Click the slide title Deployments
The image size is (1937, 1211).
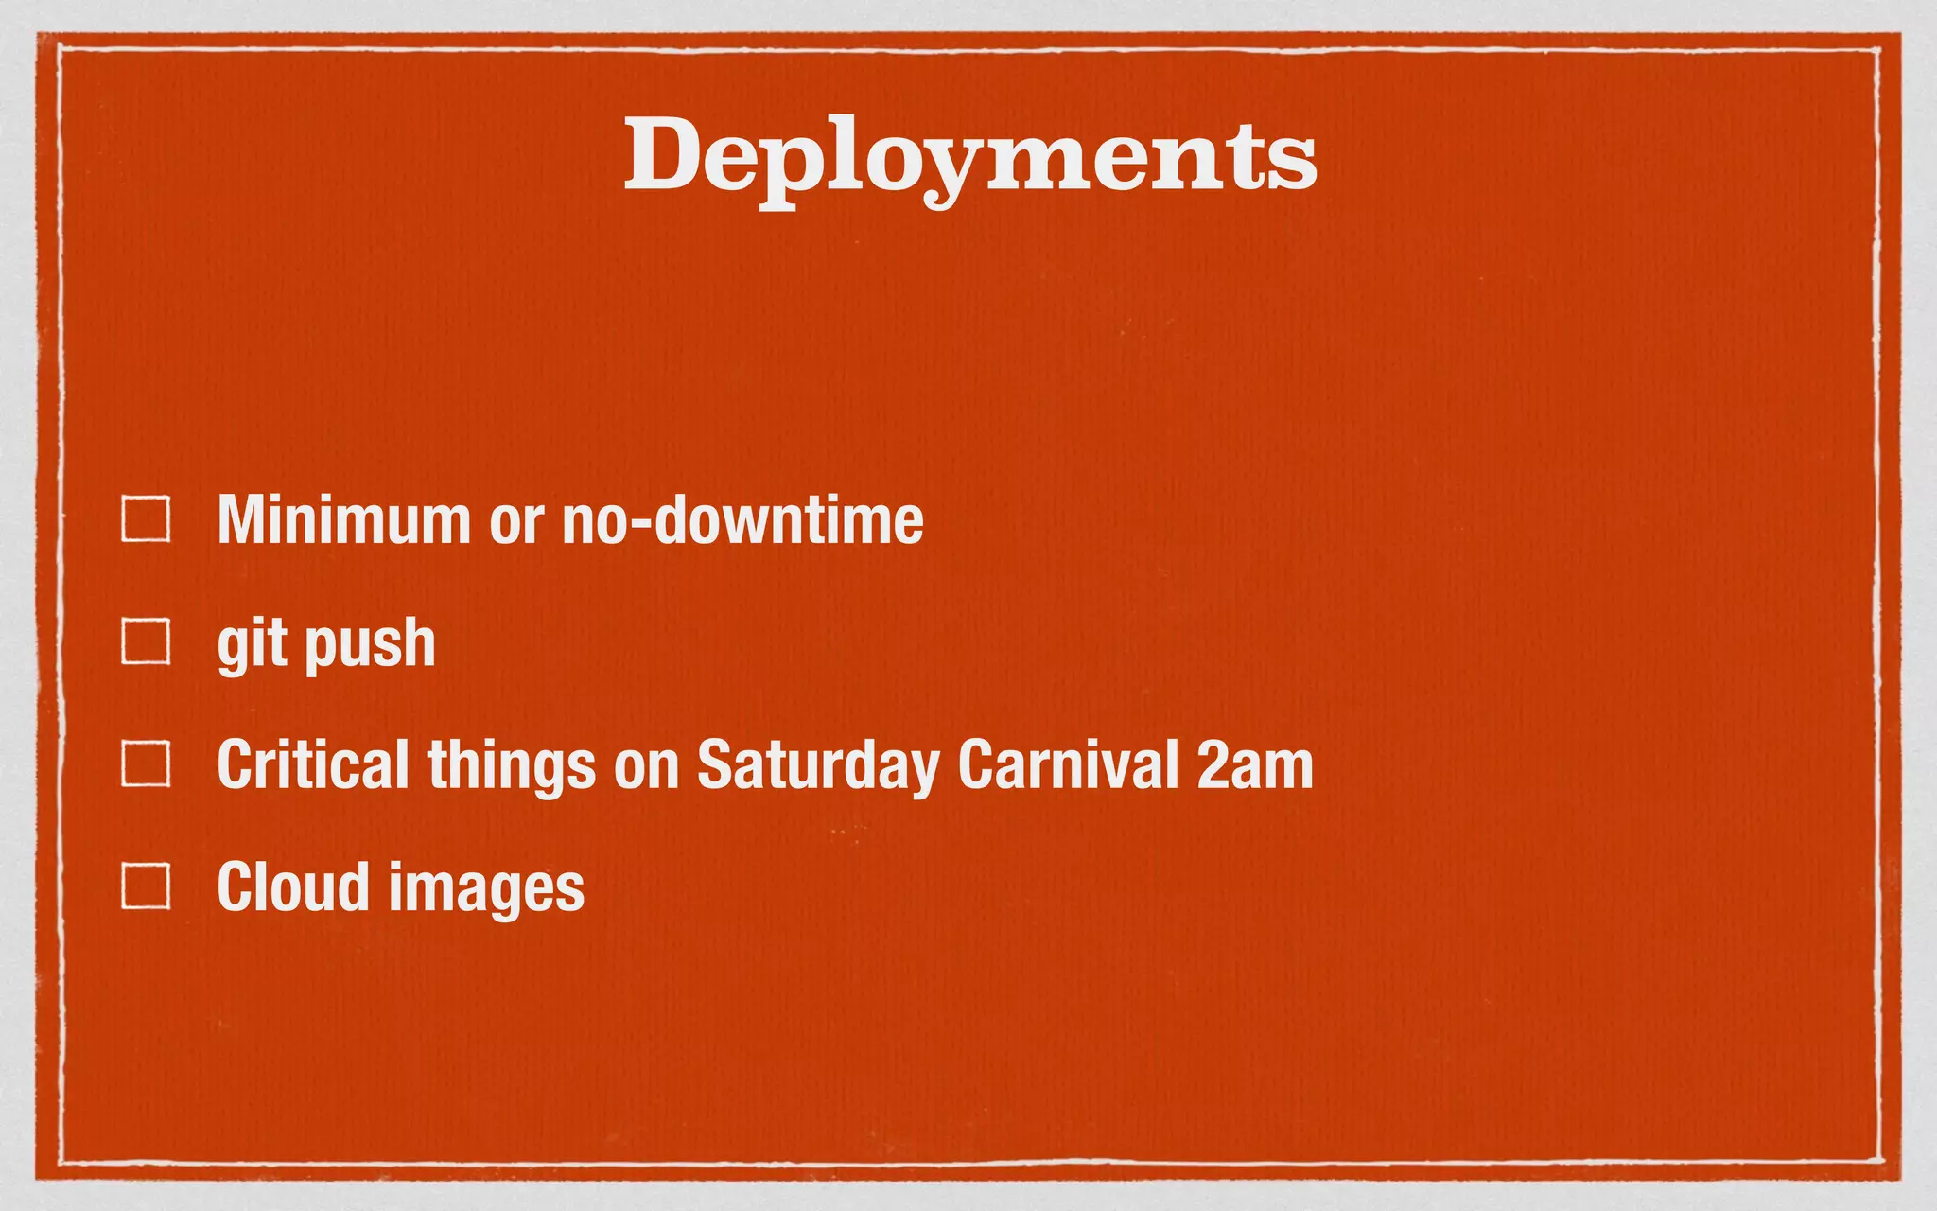point(969,156)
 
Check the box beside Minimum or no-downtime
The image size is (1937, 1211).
point(146,519)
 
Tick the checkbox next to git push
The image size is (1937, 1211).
point(146,641)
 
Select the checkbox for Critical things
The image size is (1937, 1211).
point(146,764)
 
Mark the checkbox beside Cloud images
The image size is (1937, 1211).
point(146,886)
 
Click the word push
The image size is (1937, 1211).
point(370,645)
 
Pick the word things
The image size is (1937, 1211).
point(512,766)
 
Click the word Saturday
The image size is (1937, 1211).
point(818,766)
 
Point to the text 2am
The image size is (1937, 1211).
point(1255,766)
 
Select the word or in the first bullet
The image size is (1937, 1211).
point(516,522)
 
